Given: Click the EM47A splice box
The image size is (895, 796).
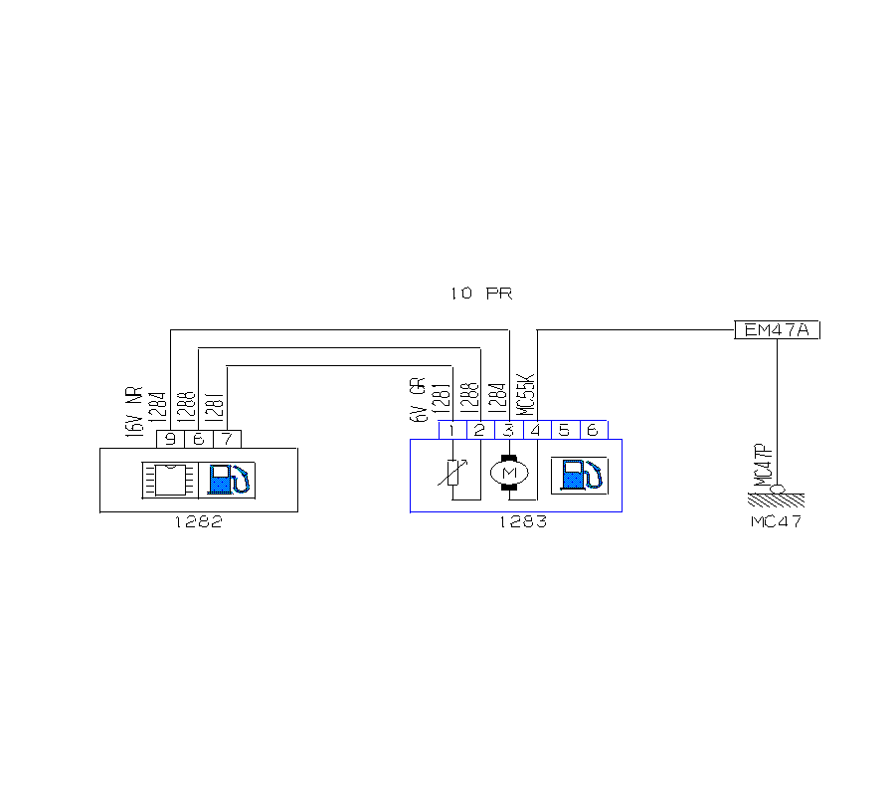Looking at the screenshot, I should pyautogui.click(x=777, y=329).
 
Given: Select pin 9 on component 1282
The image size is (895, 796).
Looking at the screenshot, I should pyautogui.click(x=171, y=439).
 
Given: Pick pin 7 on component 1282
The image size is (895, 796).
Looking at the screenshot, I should pyautogui.click(x=227, y=439).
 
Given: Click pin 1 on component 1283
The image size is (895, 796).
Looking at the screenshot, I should pyautogui.click(x=452, y=430).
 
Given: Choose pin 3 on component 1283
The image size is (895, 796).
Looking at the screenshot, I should pyautogui.click(x=508, y=430).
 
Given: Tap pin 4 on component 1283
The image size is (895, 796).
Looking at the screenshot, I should pyautogui.click(x=536, y=430).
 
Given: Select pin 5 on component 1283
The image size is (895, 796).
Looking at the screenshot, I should pyautogui.click(x=564, y=430).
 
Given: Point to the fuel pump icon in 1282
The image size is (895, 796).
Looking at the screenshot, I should pyautogui.click(x=229, y=479).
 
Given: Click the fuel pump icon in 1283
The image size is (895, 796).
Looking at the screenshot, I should pyautogui.click(x=579, y=474).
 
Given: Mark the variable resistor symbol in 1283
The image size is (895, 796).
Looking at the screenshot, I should pyautogui.click(x=452, y=472).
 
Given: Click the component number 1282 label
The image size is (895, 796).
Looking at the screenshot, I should pyautogui.click(x=198, y=522).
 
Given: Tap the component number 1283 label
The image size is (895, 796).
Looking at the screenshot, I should pyautogui.click(x=522, y=522).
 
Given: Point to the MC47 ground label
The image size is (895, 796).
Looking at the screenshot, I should pyautogui.click(x=777, y=521).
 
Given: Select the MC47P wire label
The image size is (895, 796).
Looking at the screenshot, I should pyautogui.click(x=764, y=465).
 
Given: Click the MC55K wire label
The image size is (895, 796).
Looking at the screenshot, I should pyautogui.click(x=528, y=396).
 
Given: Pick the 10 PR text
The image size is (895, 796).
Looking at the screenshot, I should pyautogui.click(x=481, y=294).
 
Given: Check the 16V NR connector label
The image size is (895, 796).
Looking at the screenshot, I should pyautogui.click(x=134, y=412).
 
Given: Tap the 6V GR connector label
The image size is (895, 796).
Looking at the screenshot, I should pyautogui.click(x=418, y=400).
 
